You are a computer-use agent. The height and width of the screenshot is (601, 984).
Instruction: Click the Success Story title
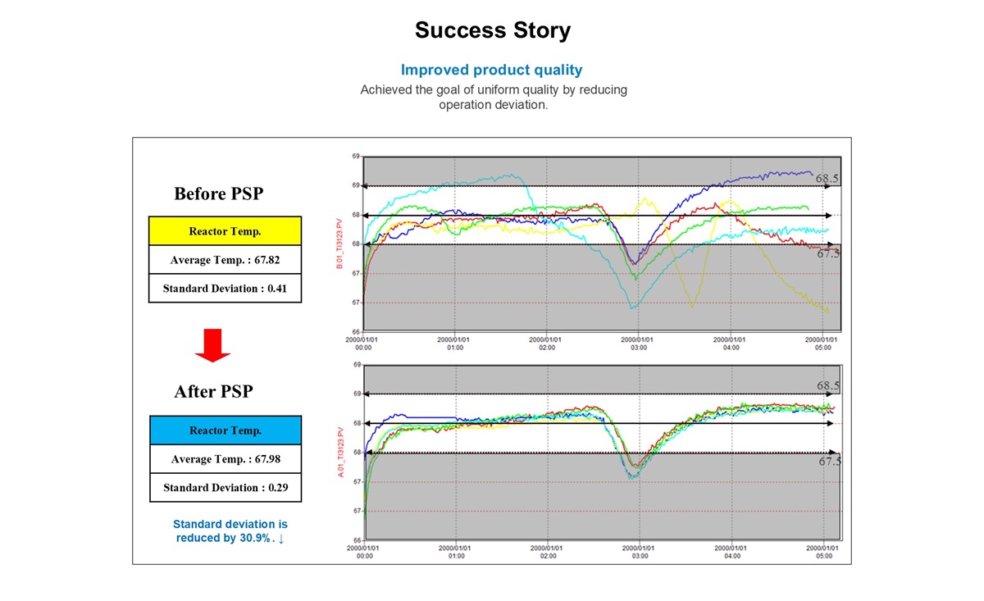pyautogui.click(x=492, y=31)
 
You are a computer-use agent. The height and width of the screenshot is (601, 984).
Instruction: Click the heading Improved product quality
pyautogui.click(x=492, y=71)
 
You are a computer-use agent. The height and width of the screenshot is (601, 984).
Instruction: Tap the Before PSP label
pyautogui.click(x=218, y=194)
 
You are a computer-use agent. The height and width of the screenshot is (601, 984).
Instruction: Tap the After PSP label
pyautogui.click(x=213, y=392)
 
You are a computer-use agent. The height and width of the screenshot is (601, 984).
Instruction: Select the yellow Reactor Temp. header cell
pyautogui.click(x=225, y=231)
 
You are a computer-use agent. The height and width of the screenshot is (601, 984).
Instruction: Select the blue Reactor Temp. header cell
pyautogui.click(x=225, y=430)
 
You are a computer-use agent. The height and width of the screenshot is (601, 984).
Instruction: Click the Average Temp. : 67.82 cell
pyautogui.click(x=225, y=260)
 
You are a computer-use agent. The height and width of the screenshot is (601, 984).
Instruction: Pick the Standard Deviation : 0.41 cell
pyautogui.click(x=225, y=289)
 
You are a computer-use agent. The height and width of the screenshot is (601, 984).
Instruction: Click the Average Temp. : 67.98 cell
pyautogui.click(x=225, y=459)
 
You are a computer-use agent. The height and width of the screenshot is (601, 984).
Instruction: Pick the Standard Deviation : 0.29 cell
pyautogui.click(x=225, y=488)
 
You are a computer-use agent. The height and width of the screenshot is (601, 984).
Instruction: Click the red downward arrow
pyautogui.click(x=212, y=345)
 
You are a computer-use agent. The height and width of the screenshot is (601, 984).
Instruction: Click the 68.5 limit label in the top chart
pyautogui.click(x=827, y=178)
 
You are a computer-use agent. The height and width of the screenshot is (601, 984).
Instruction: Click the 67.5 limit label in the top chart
pyautogui.click(x=828, y=254)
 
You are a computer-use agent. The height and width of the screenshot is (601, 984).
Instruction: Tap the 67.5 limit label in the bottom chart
pyautogui.click(x=830, y=462)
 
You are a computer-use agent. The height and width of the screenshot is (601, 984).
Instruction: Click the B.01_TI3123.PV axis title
pyautogui.click(x=339, y=244)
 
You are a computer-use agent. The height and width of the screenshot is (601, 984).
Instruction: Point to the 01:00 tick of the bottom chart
pyautogui.click(x=456, y=551)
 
